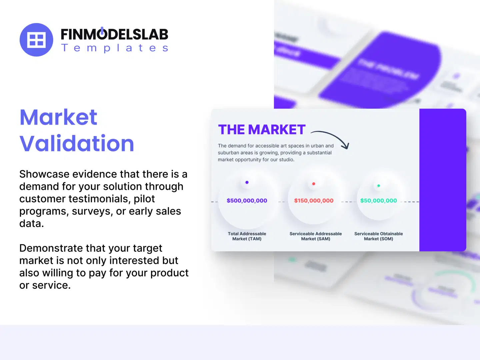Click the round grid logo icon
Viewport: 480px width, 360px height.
(36, 40)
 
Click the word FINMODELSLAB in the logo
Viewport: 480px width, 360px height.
(114, 35)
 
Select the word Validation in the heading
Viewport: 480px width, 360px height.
(77, 143)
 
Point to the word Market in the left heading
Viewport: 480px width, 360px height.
(58, 117)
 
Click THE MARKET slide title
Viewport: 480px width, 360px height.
(262, 130)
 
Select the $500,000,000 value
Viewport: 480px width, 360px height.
(247, 201)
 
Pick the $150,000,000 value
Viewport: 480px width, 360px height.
(314, 201)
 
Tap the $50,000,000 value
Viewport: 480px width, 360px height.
(378, 201)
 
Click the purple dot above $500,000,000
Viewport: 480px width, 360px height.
(247, 182)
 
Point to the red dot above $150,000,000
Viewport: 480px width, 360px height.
(314, 184)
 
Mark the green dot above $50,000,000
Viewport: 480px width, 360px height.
(379, 186)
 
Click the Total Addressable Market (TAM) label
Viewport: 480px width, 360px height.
(247, 236)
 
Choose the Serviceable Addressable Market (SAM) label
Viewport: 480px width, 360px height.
(316, 236)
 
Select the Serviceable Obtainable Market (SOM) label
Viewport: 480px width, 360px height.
(378, 236)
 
